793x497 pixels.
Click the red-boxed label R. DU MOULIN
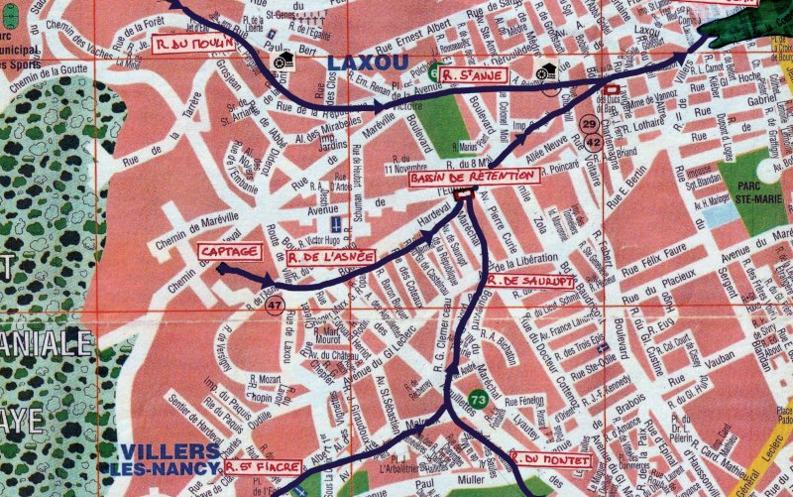195,44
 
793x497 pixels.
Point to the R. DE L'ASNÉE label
330,257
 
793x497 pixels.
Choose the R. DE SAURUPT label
532,281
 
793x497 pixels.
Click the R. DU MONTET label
551,460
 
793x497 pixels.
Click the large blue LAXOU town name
367,62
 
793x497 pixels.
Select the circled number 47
274,304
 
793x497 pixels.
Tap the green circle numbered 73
478,400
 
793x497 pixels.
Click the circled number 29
590,124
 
